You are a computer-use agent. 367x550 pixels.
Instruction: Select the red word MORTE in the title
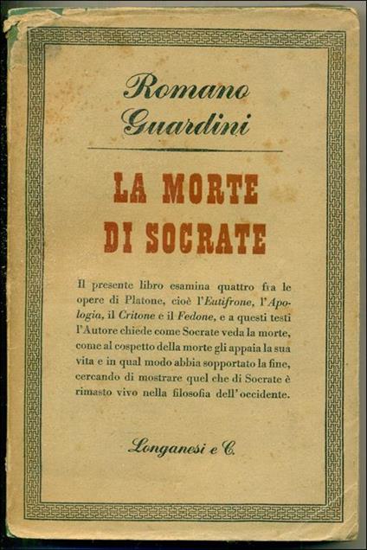(205, 189)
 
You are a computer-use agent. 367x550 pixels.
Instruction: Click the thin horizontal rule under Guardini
(183, 150)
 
